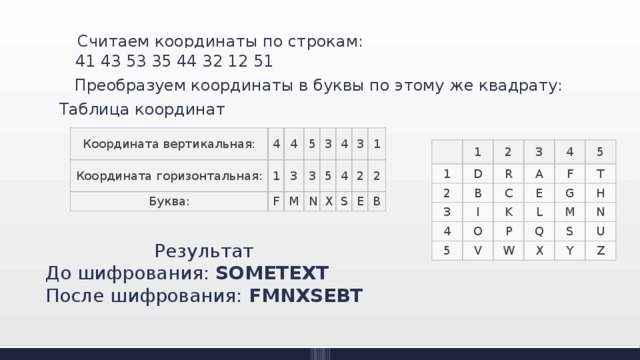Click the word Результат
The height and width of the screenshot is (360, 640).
point(204,250)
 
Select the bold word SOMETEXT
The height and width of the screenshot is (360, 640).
point(272,272)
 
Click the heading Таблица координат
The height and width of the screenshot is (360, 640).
point(142,109)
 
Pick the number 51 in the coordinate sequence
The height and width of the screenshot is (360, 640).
point(263,61)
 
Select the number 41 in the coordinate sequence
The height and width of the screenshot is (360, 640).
point(87,61)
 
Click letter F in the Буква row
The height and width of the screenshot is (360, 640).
point(277,201)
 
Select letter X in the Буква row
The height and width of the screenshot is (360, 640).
point(329,200)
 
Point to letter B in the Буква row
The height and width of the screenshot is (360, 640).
point(373,200)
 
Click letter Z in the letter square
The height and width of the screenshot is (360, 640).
point(599,250)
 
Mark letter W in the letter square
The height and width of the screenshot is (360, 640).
point(509,249)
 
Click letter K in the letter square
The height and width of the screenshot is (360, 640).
point(509,211)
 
